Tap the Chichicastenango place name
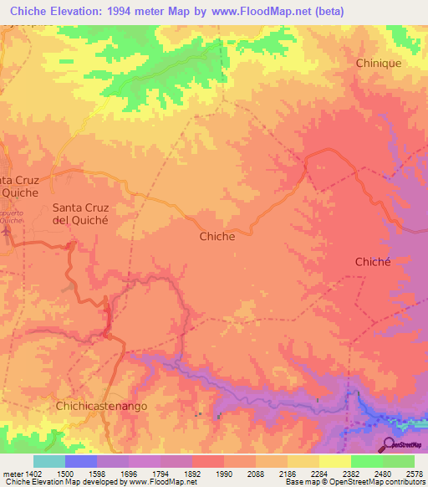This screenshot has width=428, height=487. click(101, 405)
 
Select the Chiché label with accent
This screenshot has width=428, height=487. click(373, 261)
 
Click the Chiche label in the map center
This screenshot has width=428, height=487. click(217, 236)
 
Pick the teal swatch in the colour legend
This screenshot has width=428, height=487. click(49, 461)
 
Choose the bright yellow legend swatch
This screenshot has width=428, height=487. click(334, 461)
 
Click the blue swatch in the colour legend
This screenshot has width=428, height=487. click(81, 461)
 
